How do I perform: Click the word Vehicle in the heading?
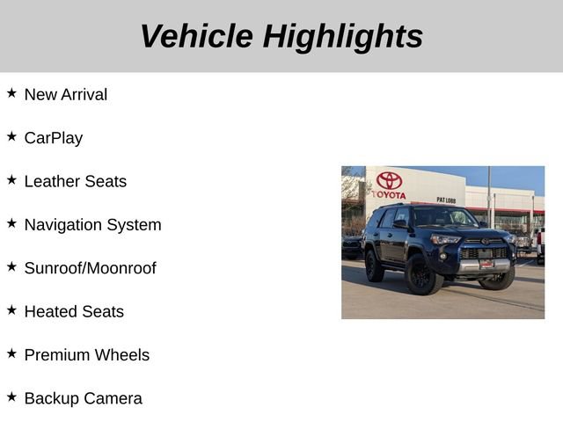[196, 36]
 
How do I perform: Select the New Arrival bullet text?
[66, 94]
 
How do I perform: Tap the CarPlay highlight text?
[54, 138]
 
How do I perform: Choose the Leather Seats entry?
[76, 181]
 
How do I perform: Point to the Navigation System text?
[93, 224]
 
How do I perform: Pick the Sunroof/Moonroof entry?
[91, 268]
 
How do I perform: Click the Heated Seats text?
[74, 311]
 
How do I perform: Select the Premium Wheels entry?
[87, 355]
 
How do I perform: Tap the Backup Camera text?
[84, 398]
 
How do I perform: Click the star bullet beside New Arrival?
[11, 92]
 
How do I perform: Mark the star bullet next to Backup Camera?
[11, 397]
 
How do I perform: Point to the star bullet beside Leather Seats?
[11, 179]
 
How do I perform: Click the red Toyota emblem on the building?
[389, 180]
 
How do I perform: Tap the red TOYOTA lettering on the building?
[389, 194]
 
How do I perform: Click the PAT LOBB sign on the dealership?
[446, 200]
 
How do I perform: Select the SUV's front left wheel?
[423, 275]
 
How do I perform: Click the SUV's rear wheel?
[374, 266]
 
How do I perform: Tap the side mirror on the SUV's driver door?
[400, 225]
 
